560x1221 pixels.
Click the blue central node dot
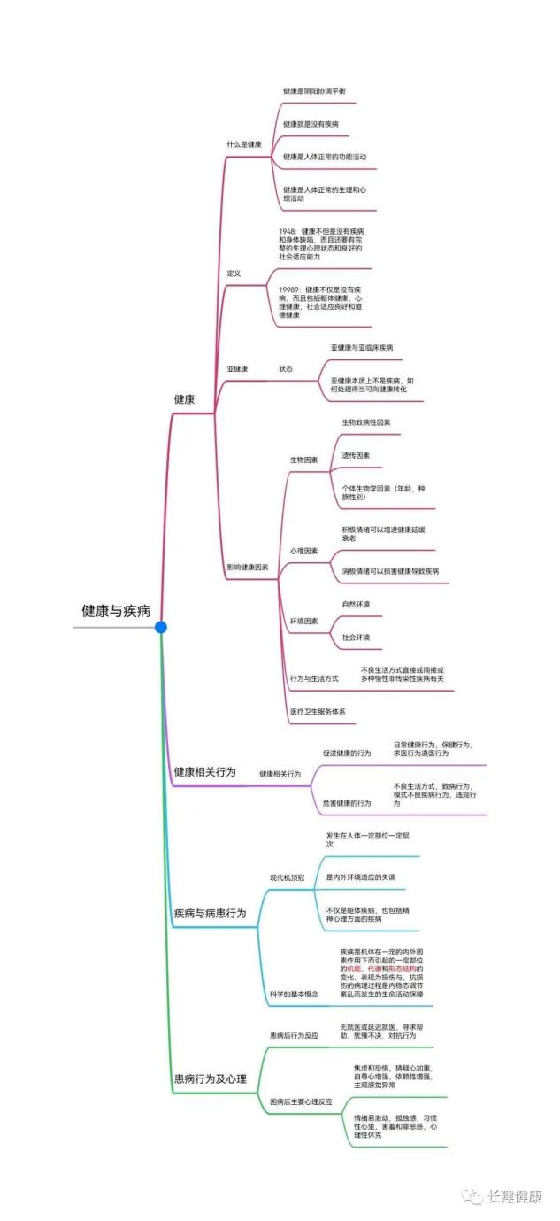[x=160, y=627]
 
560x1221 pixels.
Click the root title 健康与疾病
[x=116, y=612]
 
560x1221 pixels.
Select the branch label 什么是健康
[x=243, y=143]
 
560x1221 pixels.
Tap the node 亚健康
[x=237, y=368]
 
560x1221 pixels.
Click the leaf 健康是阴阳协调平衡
[x=314, y=91]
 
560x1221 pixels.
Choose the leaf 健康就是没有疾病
[x=311, y=124]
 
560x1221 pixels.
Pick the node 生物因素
[x=303, y=460]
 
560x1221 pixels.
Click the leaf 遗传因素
[x=356, y=455]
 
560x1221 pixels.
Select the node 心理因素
[x=303, y=551]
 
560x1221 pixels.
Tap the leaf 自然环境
[x=356, y=604]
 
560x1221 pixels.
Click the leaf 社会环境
[x=356, y=637]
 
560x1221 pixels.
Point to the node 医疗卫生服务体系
[x=318, y=711]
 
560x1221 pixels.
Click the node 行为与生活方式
[x=314, y=678]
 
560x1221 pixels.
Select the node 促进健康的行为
[x=347, y=753]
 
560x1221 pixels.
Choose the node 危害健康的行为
[x=347, y=803]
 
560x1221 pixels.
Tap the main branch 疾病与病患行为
[x=210, y=913]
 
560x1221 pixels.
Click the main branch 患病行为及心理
[x=210, y=1078]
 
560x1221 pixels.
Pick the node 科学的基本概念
[x=294, y=994]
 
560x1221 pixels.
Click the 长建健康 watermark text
[x=514, y=1197]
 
